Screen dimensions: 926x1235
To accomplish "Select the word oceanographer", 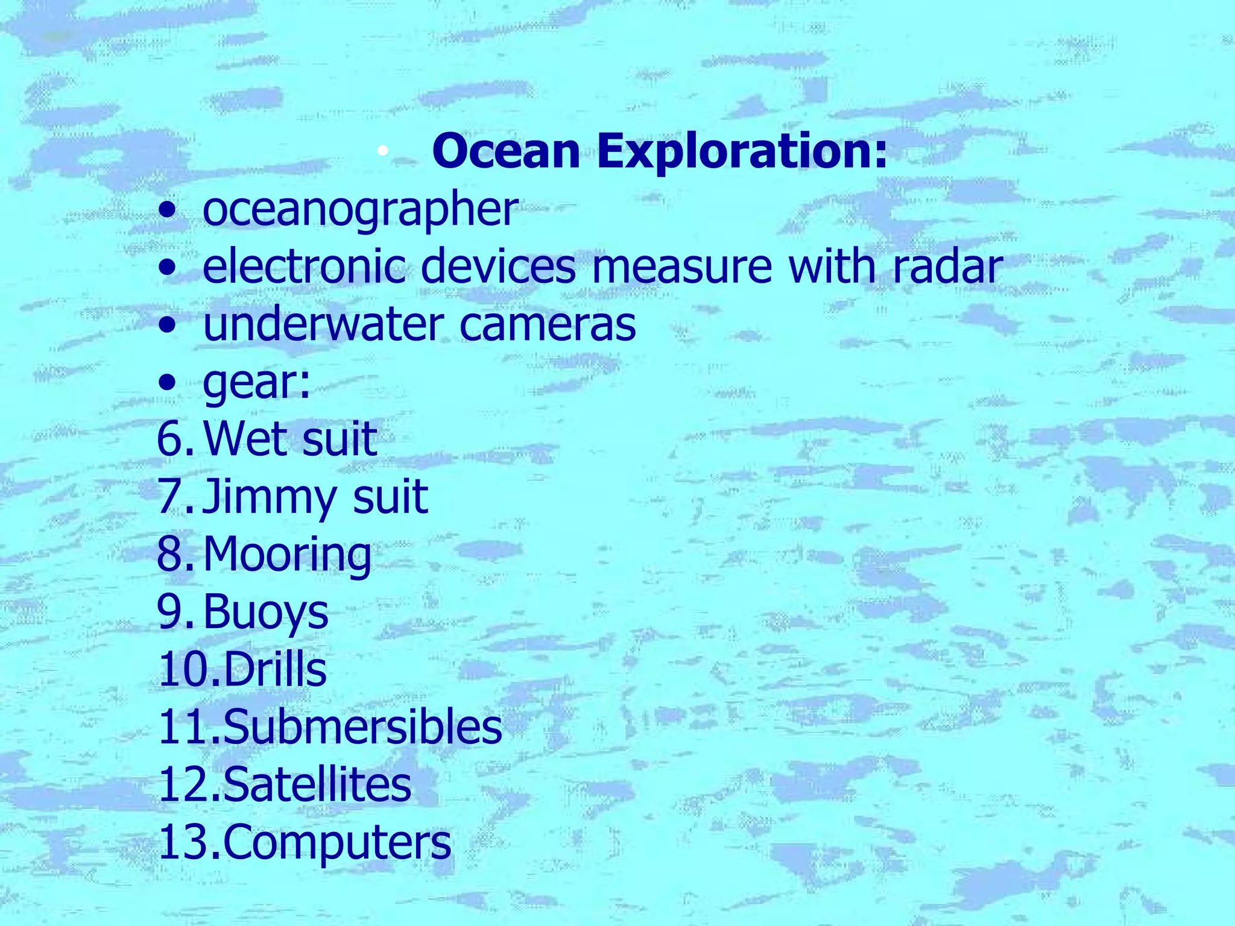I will click(360, 209).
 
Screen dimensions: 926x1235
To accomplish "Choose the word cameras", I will click(548, 324).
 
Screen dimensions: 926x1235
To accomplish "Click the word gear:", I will click(257, 382).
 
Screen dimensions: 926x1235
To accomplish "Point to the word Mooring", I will click(288, 555).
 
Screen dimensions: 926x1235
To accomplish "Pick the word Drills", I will click(275, 669).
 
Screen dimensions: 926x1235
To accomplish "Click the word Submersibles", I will click(362, 727).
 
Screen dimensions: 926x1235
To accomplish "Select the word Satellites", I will click(317, 785).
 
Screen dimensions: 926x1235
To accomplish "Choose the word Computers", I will click(337, 843).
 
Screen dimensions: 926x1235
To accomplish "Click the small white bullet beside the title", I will click(382, 152).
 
